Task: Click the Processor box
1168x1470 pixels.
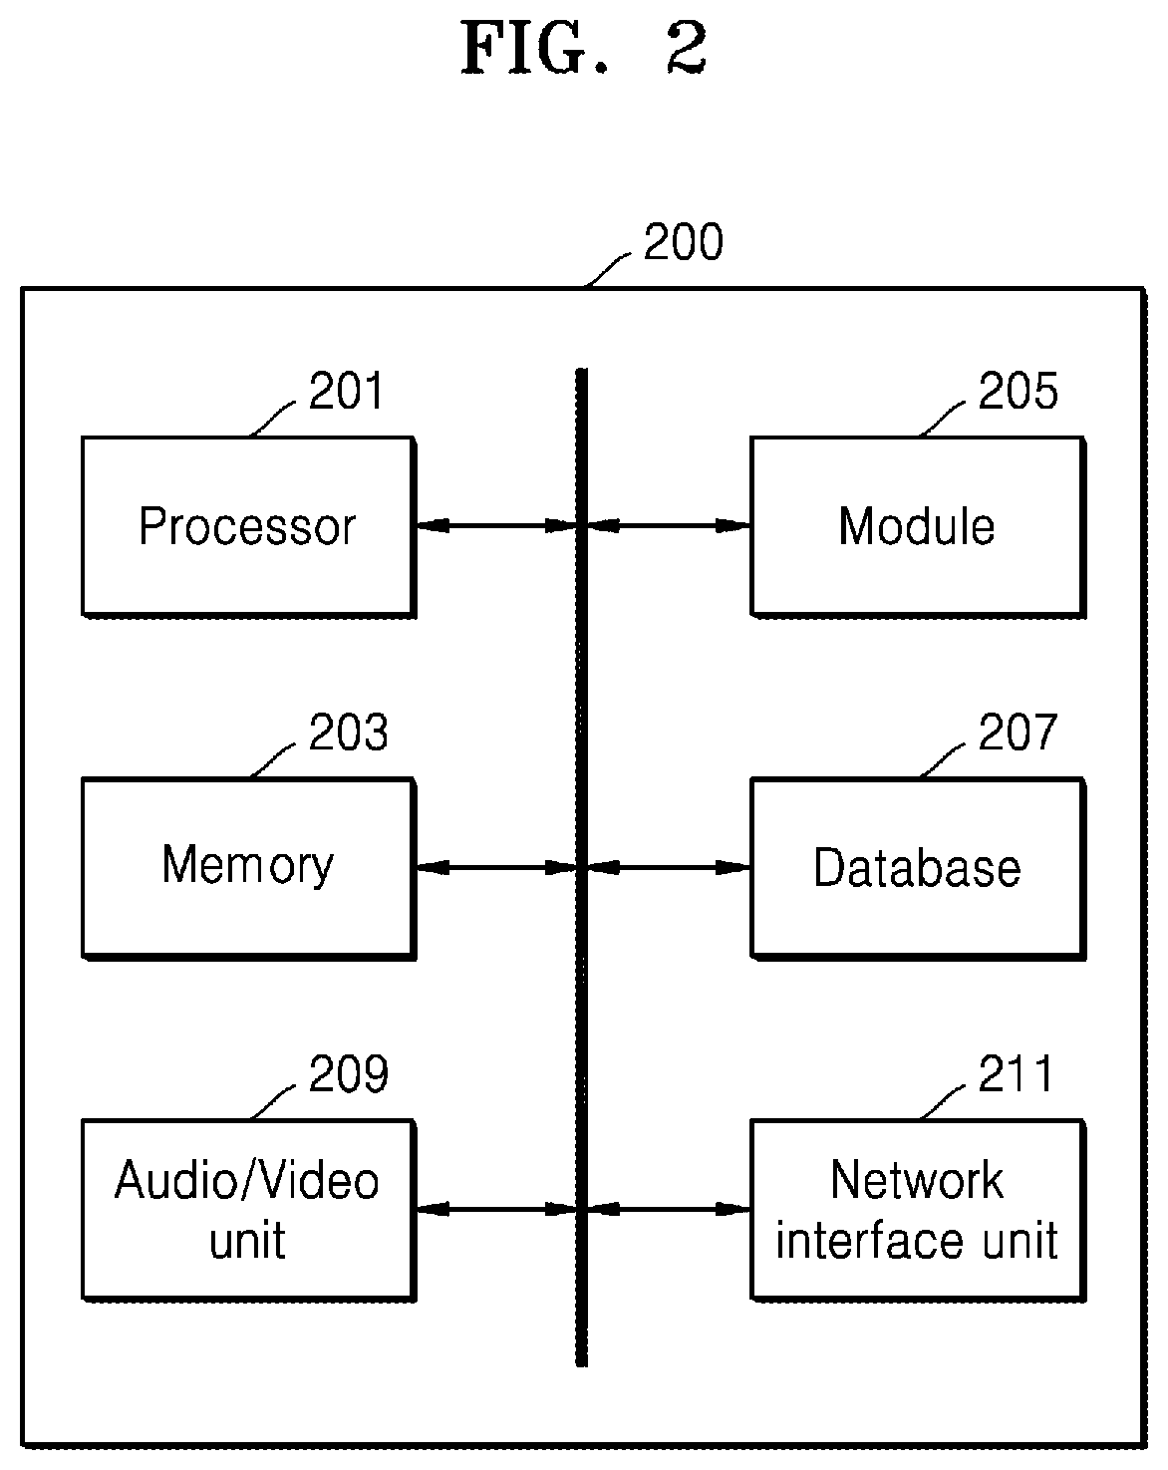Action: pos(248,526)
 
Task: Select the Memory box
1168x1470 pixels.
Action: pos(248,868)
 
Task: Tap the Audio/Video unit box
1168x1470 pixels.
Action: pos(248,1210)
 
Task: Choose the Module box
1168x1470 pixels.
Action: pos(918,526)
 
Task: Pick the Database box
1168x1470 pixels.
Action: pos(918,868)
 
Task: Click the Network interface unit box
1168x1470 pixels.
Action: pos(918,1210)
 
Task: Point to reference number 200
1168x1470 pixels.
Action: pos(683,242)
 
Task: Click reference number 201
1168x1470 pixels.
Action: pos(346,391)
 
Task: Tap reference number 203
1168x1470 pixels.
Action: pos(349,733)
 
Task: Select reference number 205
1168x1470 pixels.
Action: pos(1018,391)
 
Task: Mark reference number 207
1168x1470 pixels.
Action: pos(1018,733)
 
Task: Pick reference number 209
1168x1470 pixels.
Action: pos(349,1073)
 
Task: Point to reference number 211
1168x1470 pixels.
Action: pos(1015,1073)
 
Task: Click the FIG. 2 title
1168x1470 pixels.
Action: pos(585,48)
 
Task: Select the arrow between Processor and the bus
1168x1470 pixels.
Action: pos(496,526)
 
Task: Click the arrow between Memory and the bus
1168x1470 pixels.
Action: pos(496,867)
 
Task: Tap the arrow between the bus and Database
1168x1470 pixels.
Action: pos(669,867)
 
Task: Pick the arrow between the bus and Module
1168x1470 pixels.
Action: pos(669,526)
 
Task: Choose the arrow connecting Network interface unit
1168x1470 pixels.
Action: pos(669,1209)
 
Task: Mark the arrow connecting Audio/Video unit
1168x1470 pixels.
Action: pos(496,1209)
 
